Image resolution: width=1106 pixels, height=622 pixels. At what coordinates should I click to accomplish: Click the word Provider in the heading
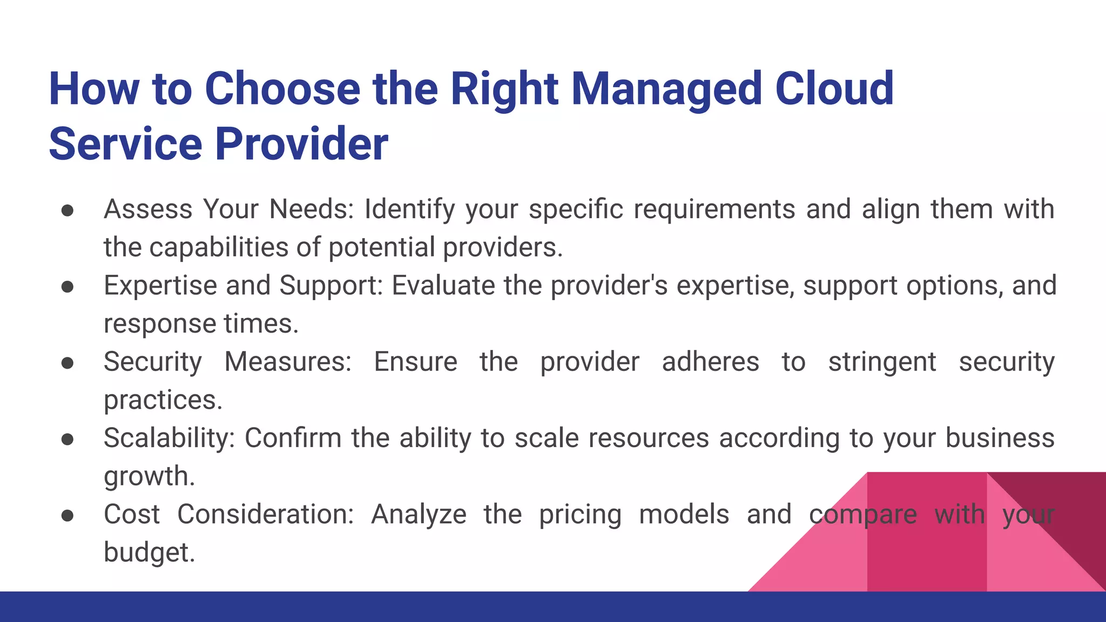pos(302,144)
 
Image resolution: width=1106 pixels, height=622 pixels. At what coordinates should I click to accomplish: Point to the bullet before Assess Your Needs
pos(68,211)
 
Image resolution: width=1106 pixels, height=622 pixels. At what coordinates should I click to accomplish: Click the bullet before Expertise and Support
pos(68,287)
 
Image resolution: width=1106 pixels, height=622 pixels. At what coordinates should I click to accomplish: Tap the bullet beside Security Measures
pos(68,363)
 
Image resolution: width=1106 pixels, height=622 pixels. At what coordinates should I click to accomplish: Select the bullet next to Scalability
pos(68,439)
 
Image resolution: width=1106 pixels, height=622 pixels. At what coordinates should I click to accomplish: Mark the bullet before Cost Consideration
pos(68,516)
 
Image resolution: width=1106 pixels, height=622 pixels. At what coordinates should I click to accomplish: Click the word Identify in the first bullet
pos(410,209)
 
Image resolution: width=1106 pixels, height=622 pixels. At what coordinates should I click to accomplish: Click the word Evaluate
pos(443,285)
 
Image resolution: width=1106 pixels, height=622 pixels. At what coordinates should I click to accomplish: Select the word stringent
pos(882,362)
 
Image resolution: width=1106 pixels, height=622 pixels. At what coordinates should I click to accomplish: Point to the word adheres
pos(710,362)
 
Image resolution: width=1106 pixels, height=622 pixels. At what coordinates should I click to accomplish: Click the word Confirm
pos(293,438)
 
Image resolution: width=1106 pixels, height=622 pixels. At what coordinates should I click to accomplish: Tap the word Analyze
pos(419,514)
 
